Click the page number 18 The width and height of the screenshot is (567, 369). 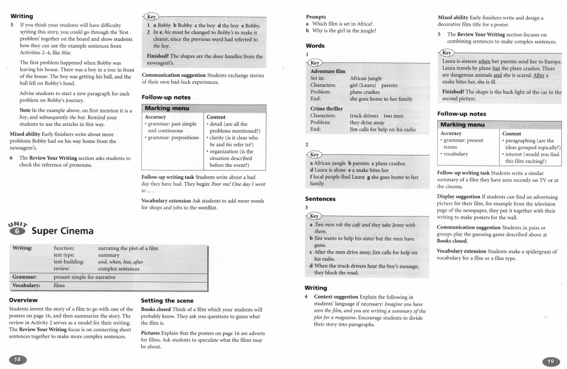tap(17, 359)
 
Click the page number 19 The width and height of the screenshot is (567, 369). tap(550, 361)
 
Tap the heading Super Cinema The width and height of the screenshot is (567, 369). tap(62, 230)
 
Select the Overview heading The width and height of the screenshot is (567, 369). tap(24, 300)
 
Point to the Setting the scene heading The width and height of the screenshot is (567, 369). tap(167, 300)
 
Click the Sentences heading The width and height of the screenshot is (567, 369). tap(320, 199)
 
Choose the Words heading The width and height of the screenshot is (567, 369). tap(315, 46)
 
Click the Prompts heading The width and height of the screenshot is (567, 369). tap(316, 16)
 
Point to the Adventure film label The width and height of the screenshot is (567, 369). tap(328, 72)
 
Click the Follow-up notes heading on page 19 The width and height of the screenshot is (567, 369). tap(461, 114)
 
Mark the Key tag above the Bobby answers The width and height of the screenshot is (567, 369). tap(152, 16)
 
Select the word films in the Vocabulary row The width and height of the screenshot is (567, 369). tap(60, 285)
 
